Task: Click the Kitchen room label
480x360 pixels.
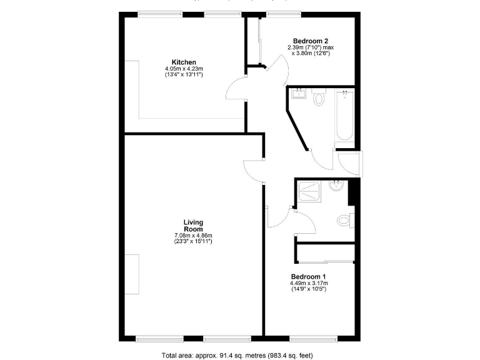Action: (x=184, y=62)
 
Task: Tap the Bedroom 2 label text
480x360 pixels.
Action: (x=311, y=41)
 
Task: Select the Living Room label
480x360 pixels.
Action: (x=193, y=226)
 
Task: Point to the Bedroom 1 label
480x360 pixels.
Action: (x=308, y=276)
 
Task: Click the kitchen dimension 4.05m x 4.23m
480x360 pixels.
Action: (x=184, y=69)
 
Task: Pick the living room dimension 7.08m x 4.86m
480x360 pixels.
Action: (x=193, y=236)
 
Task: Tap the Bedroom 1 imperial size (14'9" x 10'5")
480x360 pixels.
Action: (x=308, y=289)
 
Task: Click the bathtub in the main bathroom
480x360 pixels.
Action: (x=344, y=116)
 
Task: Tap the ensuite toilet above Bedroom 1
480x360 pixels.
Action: (x=343, y=220)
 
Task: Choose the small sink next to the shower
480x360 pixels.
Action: (x=336, y=186)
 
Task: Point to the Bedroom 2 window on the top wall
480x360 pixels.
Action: (x=277, y=14)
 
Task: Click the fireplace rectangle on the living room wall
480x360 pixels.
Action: (x=132, y=275)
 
